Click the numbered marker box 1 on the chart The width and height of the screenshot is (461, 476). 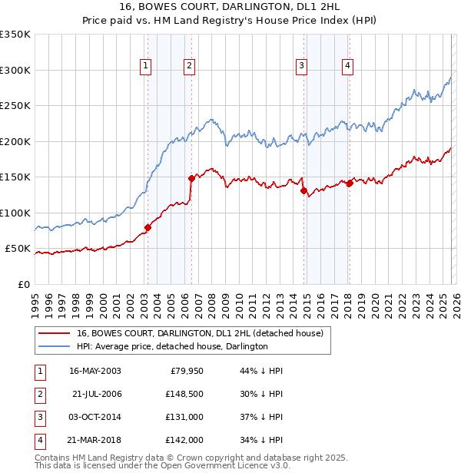(146, 67)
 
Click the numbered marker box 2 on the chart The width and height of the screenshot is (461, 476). (189, 67)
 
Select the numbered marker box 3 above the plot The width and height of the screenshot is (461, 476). (302, 67)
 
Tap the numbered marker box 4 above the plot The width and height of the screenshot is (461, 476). (348, 67)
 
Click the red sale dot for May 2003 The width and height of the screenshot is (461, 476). (148, 227)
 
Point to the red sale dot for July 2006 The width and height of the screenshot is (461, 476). (191, 178)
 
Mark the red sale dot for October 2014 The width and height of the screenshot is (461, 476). (303, 190)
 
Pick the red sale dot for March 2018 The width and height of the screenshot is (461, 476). (350, 183)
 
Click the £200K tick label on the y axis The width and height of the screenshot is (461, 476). (15, 141)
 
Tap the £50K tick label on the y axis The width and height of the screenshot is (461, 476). (17, 249)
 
